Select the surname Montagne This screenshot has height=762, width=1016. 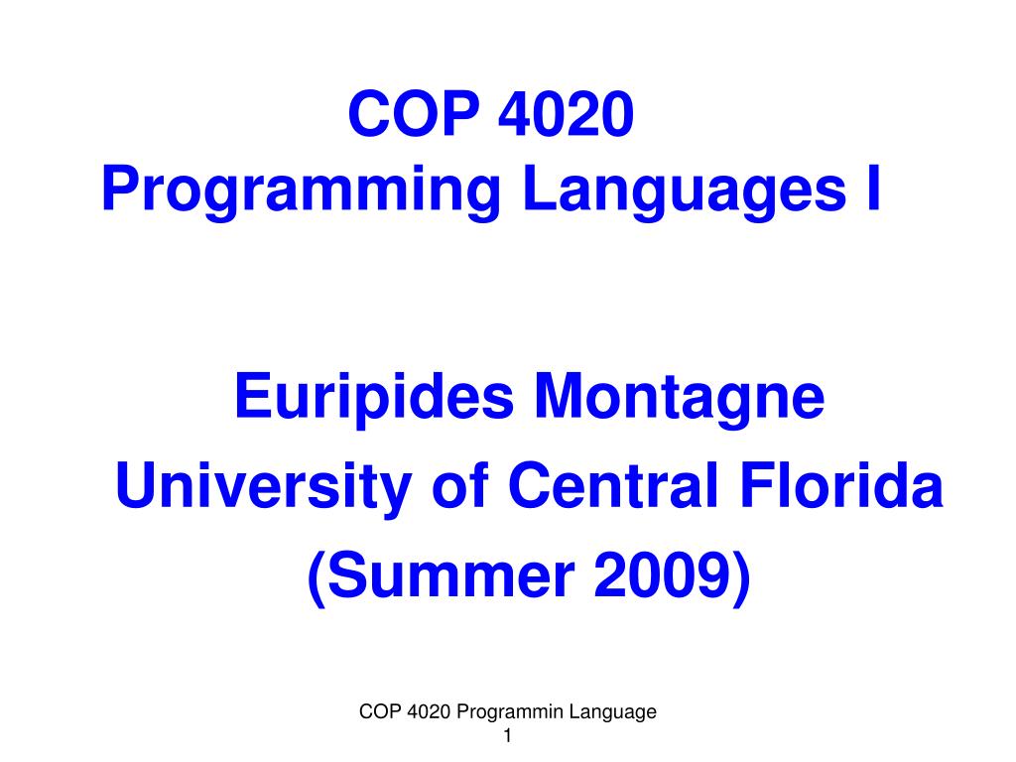[681, 399]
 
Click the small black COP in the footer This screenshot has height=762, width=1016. [377, 711]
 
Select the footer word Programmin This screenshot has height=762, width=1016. [511, 712]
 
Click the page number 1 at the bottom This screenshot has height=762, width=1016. [508, 736]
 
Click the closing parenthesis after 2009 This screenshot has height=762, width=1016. [741, 579]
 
